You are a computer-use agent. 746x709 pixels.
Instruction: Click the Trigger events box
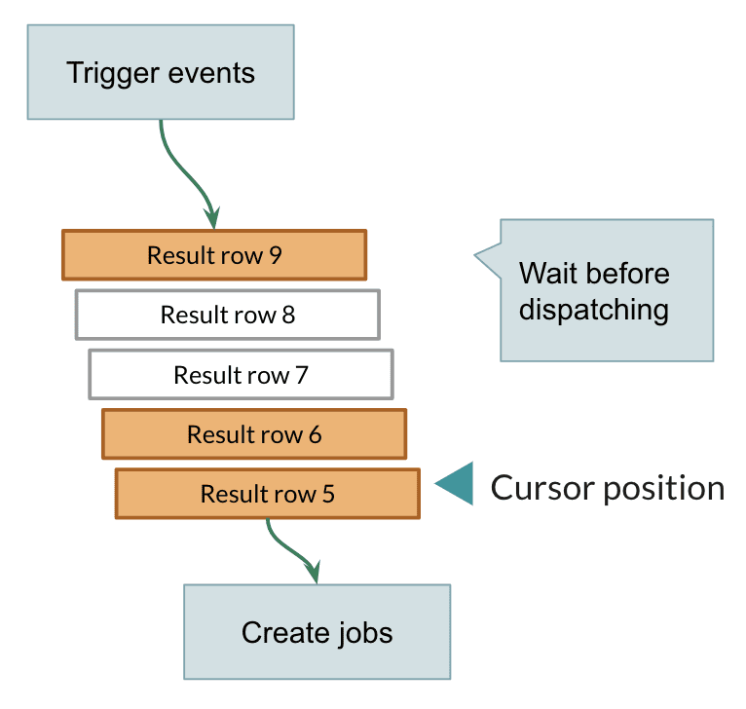pos(161,72)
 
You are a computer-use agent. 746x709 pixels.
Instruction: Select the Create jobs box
pos(317,632)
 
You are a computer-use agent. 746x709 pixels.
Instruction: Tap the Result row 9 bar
pos(214,255)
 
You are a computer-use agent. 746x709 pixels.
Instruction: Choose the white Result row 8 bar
pos(228,316)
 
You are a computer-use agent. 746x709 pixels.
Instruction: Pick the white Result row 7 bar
pos(241,375)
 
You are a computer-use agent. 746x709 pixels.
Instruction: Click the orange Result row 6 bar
pos(254,434)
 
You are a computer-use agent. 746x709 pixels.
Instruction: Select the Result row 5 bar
pos(267,494)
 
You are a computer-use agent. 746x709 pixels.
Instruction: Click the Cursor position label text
pos(608,488)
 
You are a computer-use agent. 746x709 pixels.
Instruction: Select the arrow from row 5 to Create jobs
pos(292,551)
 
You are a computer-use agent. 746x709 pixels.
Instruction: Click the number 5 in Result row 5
pos(328,494)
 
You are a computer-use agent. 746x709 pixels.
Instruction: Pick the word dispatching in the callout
pos(593,310)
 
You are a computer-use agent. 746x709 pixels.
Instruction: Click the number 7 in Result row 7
pos(302,375)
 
